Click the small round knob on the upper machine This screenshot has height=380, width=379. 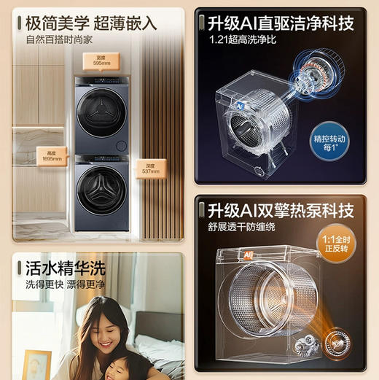(x=122, y=144)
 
